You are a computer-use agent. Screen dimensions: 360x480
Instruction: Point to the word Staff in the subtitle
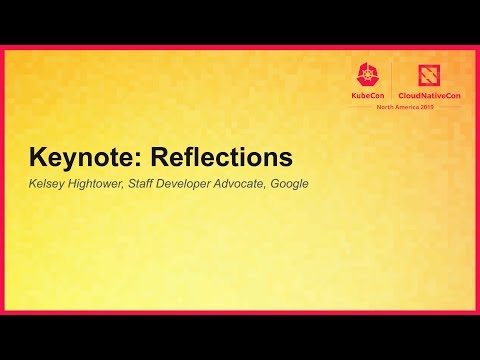(144, 184)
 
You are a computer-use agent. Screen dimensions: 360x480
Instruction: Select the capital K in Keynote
(37, 158)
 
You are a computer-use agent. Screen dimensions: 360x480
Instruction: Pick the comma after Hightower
(125, 187)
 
